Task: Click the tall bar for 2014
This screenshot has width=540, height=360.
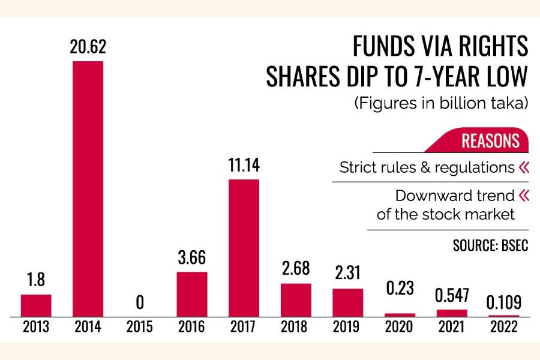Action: click(x=88, y=188)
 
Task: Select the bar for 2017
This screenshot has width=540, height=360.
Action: click(x=244, y=247)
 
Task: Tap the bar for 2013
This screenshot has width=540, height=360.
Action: click(x=36, y=305)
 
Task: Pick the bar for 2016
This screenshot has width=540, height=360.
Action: click(x=192, y=293)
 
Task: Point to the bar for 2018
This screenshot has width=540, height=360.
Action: click(x=296, y=299)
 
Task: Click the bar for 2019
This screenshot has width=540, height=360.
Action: click(x=348, y=302)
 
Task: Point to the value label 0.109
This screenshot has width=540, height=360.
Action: click(x=503, y=302)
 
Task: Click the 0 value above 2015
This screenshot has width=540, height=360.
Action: click(x=140, y=302)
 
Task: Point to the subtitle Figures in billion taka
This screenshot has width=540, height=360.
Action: click(x=441, y=103)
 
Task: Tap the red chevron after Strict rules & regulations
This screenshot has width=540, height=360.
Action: click(x=524, y=167)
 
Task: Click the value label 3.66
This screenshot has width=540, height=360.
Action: click(x=192, y=260)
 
